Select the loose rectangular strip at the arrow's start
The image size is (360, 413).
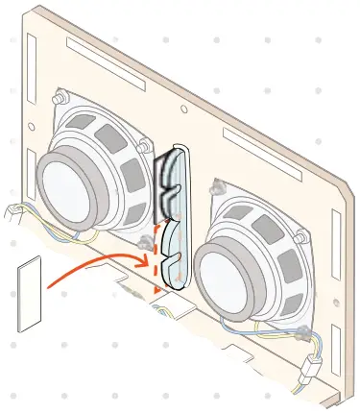[30, 292]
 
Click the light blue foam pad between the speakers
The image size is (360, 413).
[175, 216]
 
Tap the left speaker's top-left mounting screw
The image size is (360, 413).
[61, 98]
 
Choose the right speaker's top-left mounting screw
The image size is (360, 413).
[220, 185]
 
